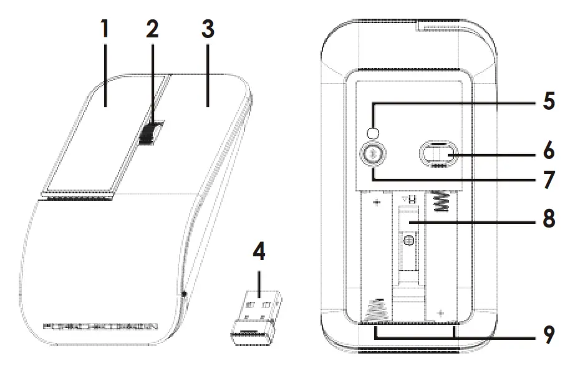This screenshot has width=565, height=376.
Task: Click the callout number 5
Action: tap(548, 100)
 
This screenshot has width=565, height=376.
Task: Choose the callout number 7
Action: tap(548, 180)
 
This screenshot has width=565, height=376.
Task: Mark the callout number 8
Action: tap(548, 220)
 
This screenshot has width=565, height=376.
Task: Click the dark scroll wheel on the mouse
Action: tap(150, 133)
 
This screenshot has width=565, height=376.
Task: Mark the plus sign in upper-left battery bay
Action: tap(376, 203)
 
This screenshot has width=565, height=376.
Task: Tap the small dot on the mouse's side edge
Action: tap(185, 292)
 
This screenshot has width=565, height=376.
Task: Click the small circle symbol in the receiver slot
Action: tap(408, 240)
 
